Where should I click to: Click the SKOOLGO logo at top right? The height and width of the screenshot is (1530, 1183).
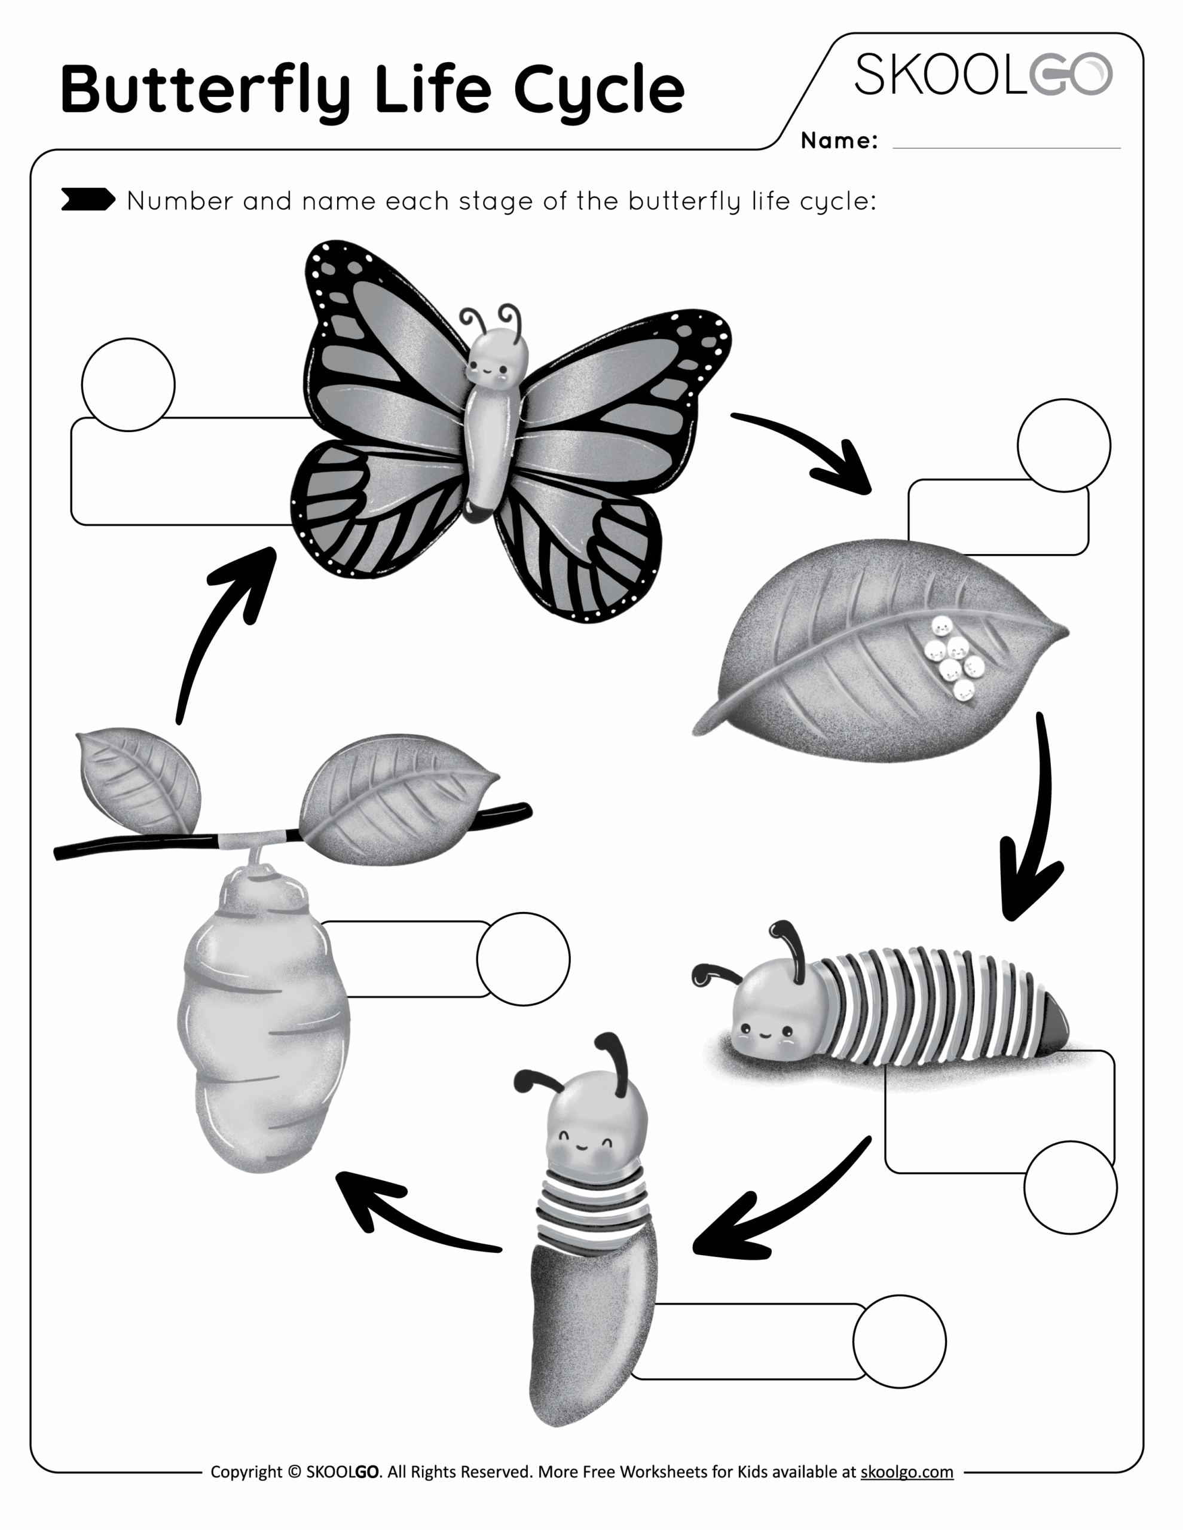[983, 74]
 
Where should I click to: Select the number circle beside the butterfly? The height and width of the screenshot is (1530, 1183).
[129, 385]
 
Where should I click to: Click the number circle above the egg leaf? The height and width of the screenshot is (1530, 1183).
[1063, 445]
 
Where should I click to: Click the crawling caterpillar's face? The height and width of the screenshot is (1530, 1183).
[765, 1030]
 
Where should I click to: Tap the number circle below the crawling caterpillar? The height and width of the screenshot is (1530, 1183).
[1070, 1188]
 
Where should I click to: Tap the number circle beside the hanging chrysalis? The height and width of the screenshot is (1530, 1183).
[523, 959]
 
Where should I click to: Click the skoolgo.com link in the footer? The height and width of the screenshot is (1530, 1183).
[906, 1472]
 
